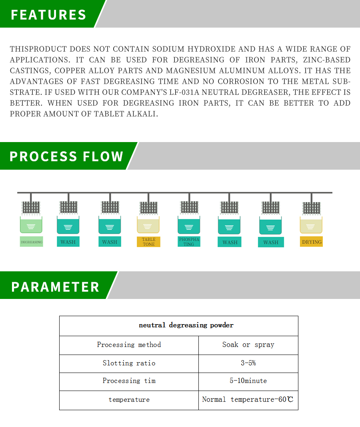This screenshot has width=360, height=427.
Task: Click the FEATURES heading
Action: [48, 14]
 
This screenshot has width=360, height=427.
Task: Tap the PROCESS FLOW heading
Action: [66, 156]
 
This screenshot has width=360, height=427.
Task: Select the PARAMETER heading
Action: [55, 287]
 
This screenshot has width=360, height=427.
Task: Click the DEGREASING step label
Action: [32, 242]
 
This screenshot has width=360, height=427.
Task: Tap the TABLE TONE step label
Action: [148, 242]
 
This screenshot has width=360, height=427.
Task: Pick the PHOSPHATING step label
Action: [189, 242]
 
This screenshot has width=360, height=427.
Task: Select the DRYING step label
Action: [311, 242]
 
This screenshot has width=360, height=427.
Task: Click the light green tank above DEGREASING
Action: [31, 225]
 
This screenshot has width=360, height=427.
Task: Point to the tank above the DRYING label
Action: [311, 225]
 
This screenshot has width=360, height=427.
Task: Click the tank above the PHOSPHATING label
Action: [189, 225]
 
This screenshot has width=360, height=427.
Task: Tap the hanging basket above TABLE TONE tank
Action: [148, 207]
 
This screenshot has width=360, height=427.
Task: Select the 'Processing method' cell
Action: [129, 345]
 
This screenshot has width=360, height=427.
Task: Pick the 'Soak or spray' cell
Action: [248, 345]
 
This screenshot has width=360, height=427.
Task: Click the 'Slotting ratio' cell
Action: [129, 363]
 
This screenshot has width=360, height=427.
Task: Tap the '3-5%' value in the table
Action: [248, 363]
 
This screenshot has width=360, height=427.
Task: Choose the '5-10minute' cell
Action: [248, 381]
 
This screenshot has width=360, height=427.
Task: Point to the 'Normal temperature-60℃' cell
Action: [248, 399]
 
